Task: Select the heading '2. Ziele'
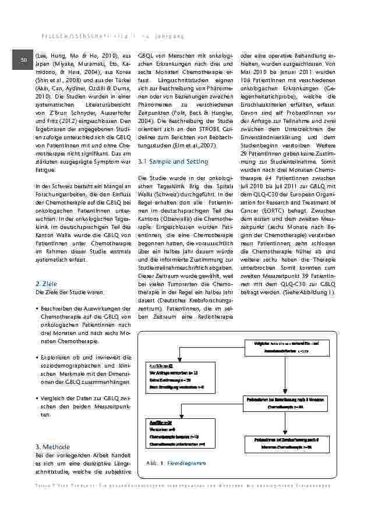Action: pyautogui.click(x=46, y=283)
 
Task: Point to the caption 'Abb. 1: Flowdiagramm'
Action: pyautogui.click(x=177, y=463)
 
